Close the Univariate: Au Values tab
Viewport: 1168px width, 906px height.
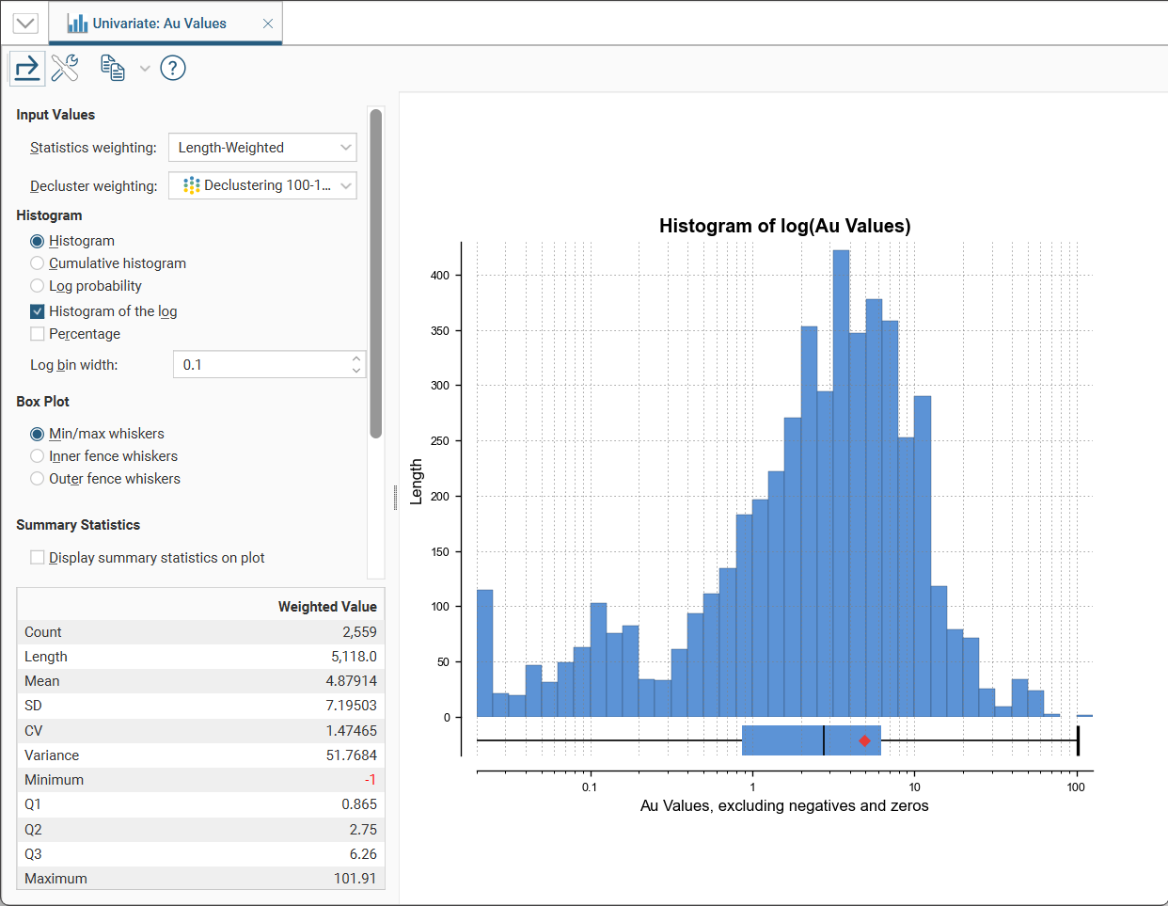[268, 24]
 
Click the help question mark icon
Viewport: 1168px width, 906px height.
[172, 69]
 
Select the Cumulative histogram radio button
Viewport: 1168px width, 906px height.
[37, 263]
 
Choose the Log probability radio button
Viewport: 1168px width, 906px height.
[37, 286]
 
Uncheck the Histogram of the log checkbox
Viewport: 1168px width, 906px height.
[37, 311]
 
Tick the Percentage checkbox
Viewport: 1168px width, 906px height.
[37, 334]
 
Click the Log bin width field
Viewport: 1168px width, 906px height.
[262, 364]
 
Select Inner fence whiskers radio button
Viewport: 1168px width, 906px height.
[37, 456]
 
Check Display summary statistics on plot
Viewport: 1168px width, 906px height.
[37, 558]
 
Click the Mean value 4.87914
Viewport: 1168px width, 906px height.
[351, 681]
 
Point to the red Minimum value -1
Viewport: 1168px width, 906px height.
[370, 780]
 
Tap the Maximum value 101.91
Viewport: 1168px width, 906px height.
[355, 879]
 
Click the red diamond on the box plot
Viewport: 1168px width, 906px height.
[864, 741]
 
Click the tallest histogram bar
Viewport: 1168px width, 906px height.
[841, 484]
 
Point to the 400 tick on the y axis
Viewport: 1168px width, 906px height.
[440, 276]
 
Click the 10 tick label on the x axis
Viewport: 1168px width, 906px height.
[914, 787]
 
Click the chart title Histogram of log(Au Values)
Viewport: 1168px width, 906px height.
[784, 226]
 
